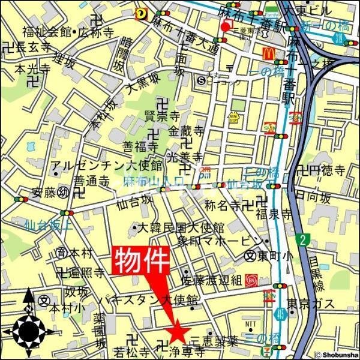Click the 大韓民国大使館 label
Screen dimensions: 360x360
[x=181, y=228]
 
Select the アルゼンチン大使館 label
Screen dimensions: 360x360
[x=106, y=166]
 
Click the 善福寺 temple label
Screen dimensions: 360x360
[x=140, y=146]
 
